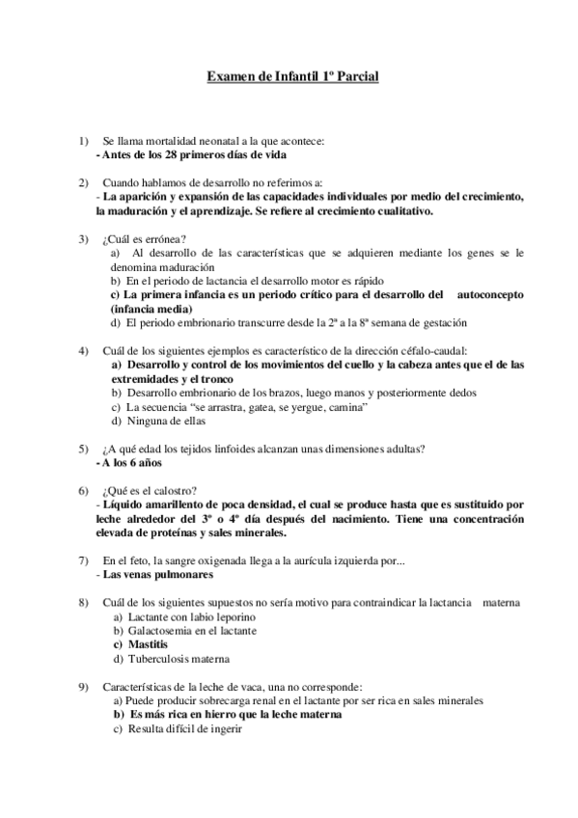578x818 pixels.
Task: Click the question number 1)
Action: (84, 141)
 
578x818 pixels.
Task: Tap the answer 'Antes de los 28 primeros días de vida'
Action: (192, 154)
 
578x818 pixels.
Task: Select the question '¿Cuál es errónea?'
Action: (145, 238)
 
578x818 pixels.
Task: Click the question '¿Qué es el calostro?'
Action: (151, 490)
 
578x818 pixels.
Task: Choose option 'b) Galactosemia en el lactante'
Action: (184, 631)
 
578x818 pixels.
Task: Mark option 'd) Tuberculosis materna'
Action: (171, 659)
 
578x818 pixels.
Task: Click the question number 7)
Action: (84, 560)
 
